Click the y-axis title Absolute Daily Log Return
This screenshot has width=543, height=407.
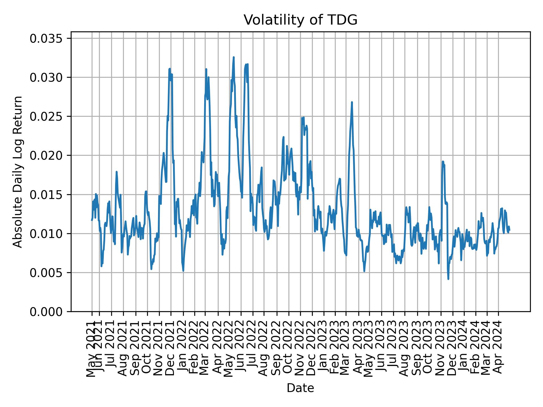click(x=18, y=172)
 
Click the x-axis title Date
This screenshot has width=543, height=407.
click(x=300, y=388)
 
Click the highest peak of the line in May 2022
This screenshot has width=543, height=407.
click(x=234, y=57)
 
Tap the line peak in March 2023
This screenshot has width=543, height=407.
click(x=352, y=102)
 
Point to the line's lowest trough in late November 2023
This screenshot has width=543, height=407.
click(x=448, y=279)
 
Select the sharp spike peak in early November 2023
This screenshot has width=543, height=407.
click(x=443, y=161)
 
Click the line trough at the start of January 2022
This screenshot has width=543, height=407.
click(x=183, y=271)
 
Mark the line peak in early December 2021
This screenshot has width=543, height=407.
click(x=170, y=69)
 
